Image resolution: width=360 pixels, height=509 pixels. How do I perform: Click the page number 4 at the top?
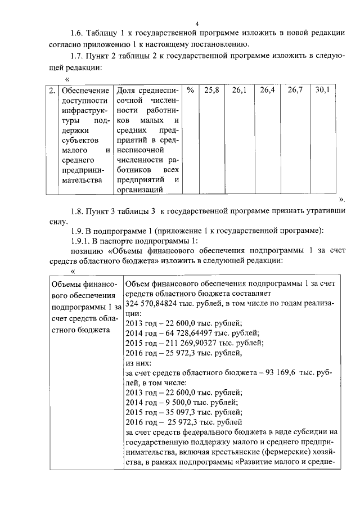(x=197, y=23)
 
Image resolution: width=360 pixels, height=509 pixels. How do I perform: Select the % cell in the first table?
(x=190, y=90)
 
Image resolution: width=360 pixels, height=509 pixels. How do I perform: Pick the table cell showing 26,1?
(x=240, y=90)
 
